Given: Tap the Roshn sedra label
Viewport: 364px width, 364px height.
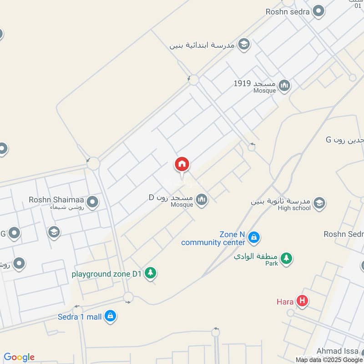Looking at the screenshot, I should pyautogui.click(x=288, y=11).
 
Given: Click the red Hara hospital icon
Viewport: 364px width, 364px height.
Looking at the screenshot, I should pyautogui.click(x=301, y=301).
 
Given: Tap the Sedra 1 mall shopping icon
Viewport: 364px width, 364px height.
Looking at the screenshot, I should pyautogui.click(x=110, y=316).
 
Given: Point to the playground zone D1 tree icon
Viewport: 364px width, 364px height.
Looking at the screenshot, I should pyautogui.click(x=151, y=273).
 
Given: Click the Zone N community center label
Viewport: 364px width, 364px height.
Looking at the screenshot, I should pyautogui.click(x=213, y=238).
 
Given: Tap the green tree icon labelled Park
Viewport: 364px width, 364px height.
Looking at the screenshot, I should pyautogui.click(x=286, y=258).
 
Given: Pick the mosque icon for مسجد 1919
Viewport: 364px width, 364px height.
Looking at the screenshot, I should pyautogui.click(x=284, y=86).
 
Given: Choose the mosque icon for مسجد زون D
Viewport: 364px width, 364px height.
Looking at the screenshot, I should pyautogui.click(x=202, y=199).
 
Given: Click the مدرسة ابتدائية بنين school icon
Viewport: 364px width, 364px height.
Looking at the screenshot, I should pyautogui.click(x=244, y=44).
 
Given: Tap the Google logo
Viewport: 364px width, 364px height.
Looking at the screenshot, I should pyautogui.click(x=19, y=357).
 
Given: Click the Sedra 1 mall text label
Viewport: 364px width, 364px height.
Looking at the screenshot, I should pyautogui.click(x=80, y=317).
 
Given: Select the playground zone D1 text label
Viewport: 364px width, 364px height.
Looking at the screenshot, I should pyautogui.click(x=107, y=274).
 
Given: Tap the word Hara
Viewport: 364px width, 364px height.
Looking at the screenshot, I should pyautogui.click(x=285, y=301).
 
